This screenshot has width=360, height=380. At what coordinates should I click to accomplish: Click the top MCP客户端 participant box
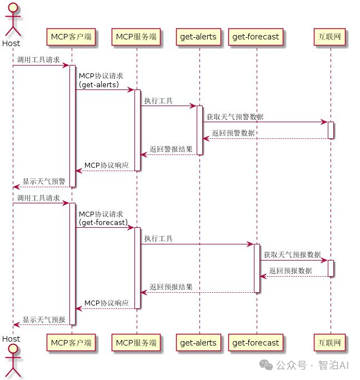pyautogui.click(x=71, y=37)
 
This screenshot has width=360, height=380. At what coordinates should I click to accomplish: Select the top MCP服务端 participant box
pyautogui.click(x=136, y=37)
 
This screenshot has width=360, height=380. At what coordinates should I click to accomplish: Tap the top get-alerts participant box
pyautogui.click(x=198, y=37)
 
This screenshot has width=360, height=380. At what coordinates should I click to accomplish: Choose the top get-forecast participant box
pyautogui.click(x=256, y=37)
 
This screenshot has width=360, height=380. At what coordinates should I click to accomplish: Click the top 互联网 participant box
pyautogui.click(x=330, y=37)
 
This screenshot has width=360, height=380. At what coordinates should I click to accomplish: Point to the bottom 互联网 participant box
pyautogui.click(x=330, y=342)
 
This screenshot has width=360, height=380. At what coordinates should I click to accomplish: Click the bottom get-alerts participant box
pyautogui.click(x=198, y=342)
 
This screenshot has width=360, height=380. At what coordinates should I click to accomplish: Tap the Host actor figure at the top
pyautogui.click(x=11, y=22)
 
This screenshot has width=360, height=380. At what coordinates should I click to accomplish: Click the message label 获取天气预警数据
pyautogui.click(x=235, y=117)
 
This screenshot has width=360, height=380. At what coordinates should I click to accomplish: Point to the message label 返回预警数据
pyautogui.click(x=233, y=133)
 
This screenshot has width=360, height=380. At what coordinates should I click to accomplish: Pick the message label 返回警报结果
pyautogui.click(x=171, y=149)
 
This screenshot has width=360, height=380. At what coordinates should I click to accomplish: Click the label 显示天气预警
pyautogui.click(x=44, y=182)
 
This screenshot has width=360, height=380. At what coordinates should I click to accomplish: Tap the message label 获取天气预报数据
pyautogui.click(x=292, y=254)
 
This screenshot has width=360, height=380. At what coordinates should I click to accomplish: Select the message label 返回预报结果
pyautogui.click(x=171, y=287)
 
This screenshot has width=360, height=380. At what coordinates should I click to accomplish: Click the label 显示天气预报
pyautogui.click(x=44, y=319)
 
